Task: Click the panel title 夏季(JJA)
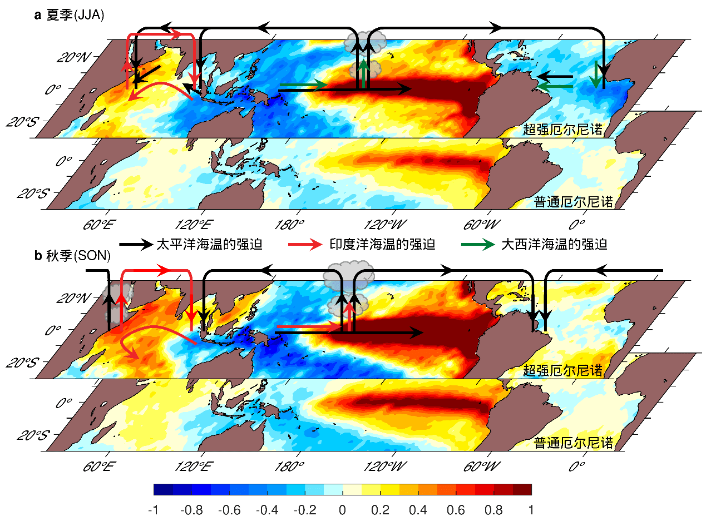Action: coord(75,16)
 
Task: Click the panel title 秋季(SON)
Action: coord(77,256)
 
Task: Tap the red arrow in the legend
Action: coord(305,244)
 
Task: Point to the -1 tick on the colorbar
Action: coord(154,509)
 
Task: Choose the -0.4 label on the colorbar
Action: coord(266,509)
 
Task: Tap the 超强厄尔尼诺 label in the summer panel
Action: coord(562,130)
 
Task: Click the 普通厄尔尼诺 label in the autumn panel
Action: coord(574,443)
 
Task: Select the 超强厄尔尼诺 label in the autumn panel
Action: coord(562,370)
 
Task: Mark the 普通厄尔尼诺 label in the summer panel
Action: coord(574,201)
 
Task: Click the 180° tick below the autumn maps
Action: coord(296,466)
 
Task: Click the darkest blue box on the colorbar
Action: coord(163,489)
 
